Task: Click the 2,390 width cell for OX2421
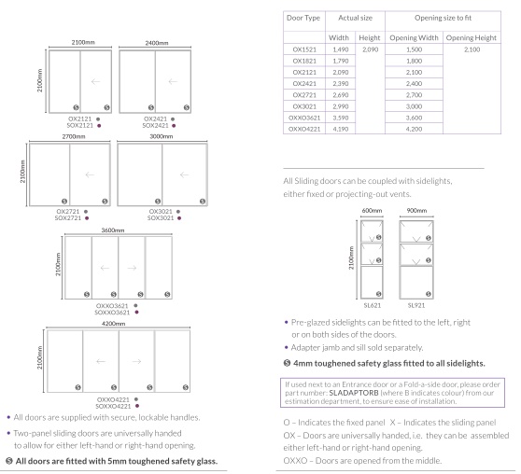(341, 84)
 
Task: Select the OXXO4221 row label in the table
(304, 129)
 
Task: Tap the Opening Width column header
(414, 38)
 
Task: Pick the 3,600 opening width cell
(414, 118)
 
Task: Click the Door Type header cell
(303, 18)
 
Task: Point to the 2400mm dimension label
(157, 43)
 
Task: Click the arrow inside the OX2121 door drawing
(95, 81)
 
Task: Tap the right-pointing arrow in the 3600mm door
(132, 268)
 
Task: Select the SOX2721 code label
(68, 218)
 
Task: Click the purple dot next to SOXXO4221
(137, 406)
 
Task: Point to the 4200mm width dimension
(113, 324)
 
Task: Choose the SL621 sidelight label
(373, 305)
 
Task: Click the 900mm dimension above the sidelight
(416, 211)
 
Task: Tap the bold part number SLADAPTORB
(354, 393)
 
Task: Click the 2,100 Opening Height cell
(472, 49)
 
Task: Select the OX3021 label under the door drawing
(161, 212)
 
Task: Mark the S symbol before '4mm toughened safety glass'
(287, 363)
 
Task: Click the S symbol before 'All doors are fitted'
(9, 461)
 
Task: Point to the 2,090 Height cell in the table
(370, 49)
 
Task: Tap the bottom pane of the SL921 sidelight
(416, 282)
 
